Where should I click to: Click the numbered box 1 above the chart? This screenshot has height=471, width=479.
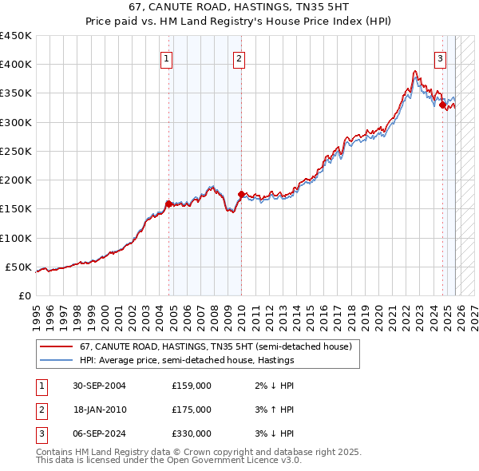[x=166, y=57]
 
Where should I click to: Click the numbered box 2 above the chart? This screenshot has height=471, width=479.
[x=239, y=57]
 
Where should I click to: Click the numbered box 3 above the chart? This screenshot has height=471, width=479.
[x=440, y=57]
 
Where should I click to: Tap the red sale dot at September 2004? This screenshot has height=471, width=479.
[x=168, y=204]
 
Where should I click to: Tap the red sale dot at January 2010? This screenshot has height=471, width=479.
[x=241, y=194]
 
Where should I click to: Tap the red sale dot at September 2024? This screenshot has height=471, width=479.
[x=442, y=104]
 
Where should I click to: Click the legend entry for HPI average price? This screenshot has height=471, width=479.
[x=187, y=360]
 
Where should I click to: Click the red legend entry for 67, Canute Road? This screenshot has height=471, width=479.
[x=209, y=346]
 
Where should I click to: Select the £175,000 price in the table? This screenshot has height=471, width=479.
[x=192, y=410]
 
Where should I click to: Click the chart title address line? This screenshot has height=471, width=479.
[x=239, y=8]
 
